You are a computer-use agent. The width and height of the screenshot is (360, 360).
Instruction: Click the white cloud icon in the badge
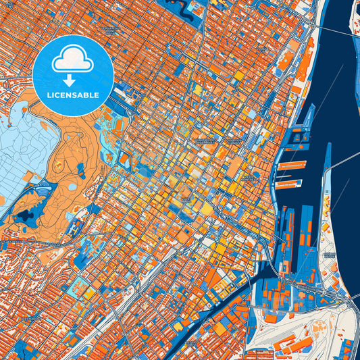tap(73, 59)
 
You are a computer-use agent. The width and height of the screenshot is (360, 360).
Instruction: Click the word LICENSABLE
tap(73, 95)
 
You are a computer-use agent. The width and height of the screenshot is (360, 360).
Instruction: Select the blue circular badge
tap(73, 74)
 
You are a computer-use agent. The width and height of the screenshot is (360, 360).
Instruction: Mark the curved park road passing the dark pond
tap(41, 203)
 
